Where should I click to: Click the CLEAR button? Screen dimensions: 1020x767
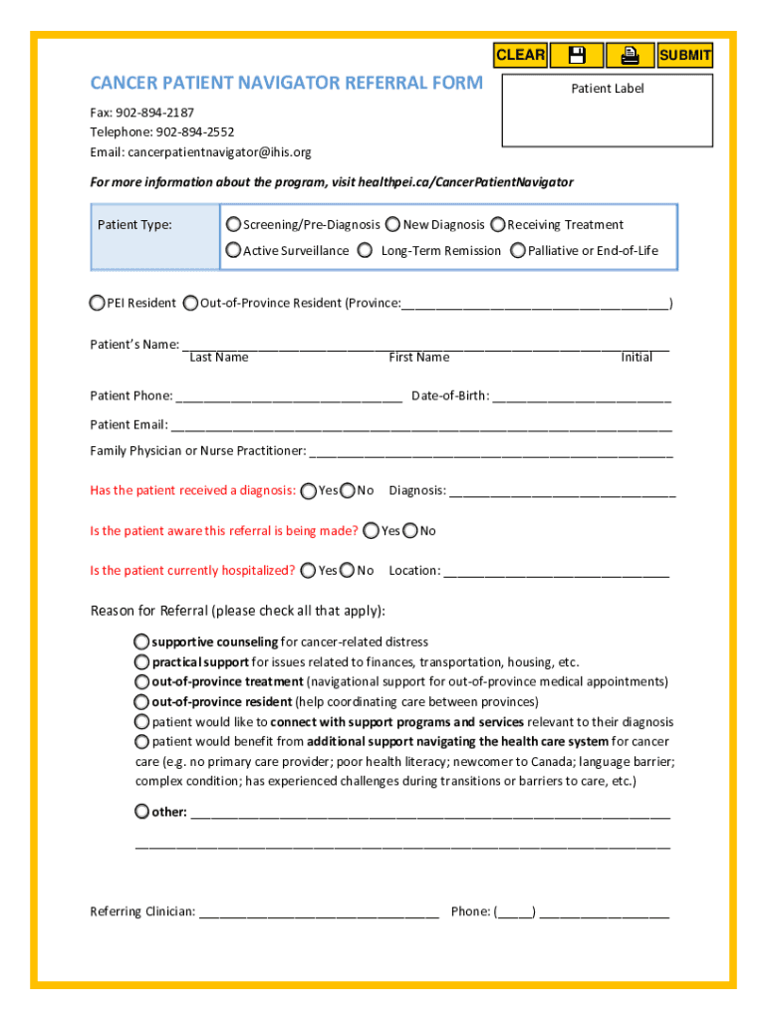coord(520,55)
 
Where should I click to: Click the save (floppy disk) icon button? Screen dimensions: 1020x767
coord(576,55)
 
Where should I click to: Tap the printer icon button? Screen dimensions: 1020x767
coord(630,55)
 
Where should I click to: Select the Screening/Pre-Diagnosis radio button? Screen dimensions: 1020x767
coord(234,224)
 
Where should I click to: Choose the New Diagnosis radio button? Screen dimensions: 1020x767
coord(393,224)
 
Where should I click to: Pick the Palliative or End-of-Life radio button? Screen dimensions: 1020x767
coord(518,250)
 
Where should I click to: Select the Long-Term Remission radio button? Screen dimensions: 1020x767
coord(366,250)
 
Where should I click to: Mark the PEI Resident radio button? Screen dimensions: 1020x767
coord(98,302)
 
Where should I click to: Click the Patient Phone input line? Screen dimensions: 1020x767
coord(289,395)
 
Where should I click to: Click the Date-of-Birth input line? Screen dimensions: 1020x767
coord(582,395)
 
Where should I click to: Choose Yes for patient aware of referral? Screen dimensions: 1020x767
coord(372,530)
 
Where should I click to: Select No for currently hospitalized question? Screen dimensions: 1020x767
coord(348,570)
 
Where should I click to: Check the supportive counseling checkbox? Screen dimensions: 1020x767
coord(142,641)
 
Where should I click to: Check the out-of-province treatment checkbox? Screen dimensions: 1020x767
coord(142,681)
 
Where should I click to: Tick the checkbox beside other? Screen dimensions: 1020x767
coord(142,811)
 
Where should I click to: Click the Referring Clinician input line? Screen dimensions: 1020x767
coord(319,910)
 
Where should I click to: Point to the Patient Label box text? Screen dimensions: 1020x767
coord(608,89)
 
